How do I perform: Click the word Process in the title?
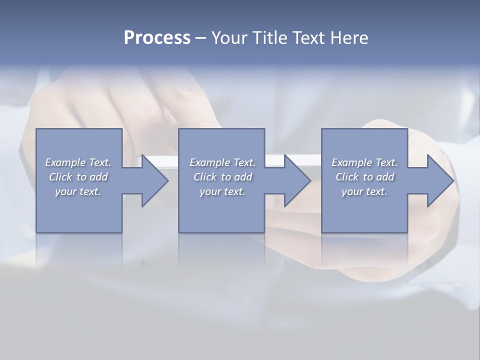coord(157,38)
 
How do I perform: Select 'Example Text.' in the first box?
coord(78,162)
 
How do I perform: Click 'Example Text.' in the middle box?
coord(222,162)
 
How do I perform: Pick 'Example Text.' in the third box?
coord(364,162)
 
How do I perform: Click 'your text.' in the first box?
coord(78,191)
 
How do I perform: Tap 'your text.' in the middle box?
coord(222,191)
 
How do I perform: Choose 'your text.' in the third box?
coord(364,191)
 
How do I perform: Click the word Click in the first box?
coord(60,177)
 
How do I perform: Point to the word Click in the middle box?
coord(204,177)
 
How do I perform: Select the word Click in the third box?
coord(346,177)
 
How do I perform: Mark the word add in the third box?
coord(385,177)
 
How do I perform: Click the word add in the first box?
coord(99,177)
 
